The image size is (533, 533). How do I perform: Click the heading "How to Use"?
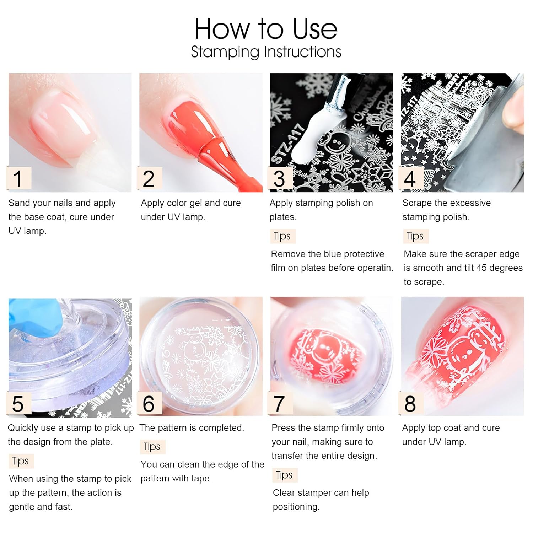(266, 29)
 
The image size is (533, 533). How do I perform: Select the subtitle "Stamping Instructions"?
(266, 52)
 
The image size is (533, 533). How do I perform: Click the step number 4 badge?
(410, 178)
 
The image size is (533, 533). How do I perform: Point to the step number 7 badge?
(280, 404)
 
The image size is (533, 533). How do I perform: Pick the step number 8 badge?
(410, 404)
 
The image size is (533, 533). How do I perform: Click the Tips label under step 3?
(282, 236)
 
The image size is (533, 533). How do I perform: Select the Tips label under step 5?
(20, 461)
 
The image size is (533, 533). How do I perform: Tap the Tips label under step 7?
(284, 475)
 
